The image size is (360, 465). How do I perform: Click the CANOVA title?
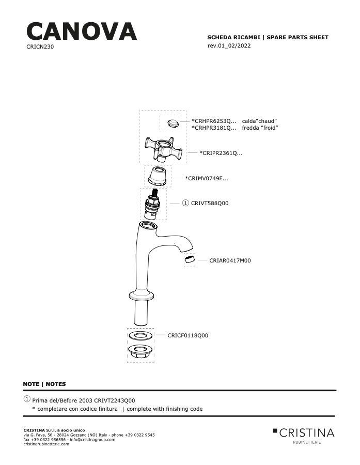coord(82,32)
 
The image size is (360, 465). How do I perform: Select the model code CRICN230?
coord(40,47)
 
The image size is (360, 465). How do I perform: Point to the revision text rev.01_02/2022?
coord(229,45)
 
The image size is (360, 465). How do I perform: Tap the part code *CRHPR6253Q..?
coord(214,121)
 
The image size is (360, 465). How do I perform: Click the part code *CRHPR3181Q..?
coord(214,128)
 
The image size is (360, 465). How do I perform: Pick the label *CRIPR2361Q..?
coord(221,153)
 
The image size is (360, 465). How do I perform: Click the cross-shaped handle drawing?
coord(163,149)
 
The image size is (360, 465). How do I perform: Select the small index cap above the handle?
coord(173,123)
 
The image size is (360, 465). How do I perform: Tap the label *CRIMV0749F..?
coord(207,178)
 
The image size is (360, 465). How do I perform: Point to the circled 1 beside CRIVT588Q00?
coord(185,203)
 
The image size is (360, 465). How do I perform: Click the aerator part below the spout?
coord(189,259)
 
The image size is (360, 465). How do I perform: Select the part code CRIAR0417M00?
coord(230,261)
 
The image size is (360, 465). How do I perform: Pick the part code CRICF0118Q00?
coord(187,335)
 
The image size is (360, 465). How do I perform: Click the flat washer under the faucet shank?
coord(140,336)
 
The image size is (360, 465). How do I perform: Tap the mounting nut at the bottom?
coord(140,352)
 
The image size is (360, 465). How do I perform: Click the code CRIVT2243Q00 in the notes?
coord(115,400)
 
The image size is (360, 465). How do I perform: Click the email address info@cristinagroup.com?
coord(92,440)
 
